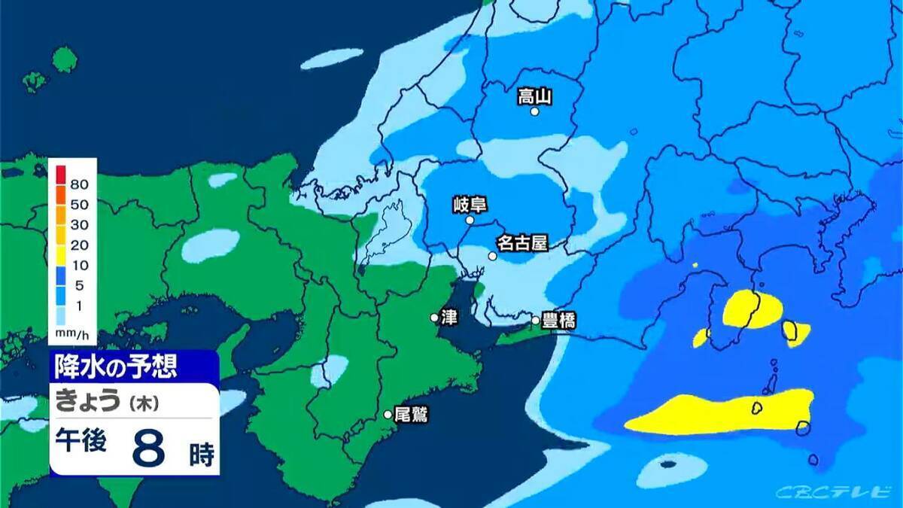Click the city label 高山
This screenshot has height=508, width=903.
coord(535,96)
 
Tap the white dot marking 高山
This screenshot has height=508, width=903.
coord(535,111)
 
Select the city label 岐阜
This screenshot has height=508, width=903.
coord(470,204)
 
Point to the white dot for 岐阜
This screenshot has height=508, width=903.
coord(470,221)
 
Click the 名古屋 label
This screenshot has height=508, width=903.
coord(521,243)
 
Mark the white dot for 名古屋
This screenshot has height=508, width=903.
coord(492,256)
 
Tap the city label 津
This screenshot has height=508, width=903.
coord(449,318)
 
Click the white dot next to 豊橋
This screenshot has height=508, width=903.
coord(536,321)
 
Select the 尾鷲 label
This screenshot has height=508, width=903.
coord(411,414)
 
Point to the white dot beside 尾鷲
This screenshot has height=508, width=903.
coord(388,414)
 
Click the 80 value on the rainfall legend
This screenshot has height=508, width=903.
coord(80,184)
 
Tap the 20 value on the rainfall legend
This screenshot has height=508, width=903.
coord(80,245)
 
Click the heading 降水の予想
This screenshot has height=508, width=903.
coord(116,367)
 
